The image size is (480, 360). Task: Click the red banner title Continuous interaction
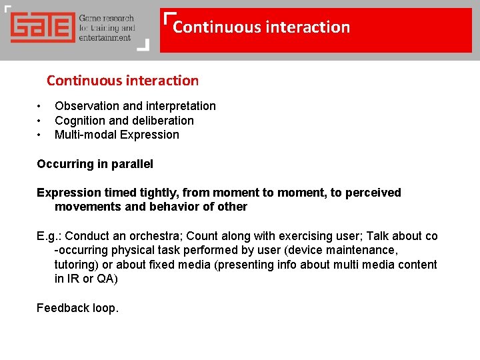[x=261, y=27]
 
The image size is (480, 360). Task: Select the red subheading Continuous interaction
[x=123, y=81]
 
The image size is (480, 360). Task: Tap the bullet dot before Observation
[x=39, y=106]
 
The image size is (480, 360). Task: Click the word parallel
[x=132, y=164]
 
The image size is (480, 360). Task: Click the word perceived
[x=373, y=193]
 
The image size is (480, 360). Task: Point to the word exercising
[x=303, y=236]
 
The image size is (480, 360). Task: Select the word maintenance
[x=363, y=250]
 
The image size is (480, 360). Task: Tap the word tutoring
[x=75, y=265]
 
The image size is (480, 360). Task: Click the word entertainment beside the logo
[x=105, y=37]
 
